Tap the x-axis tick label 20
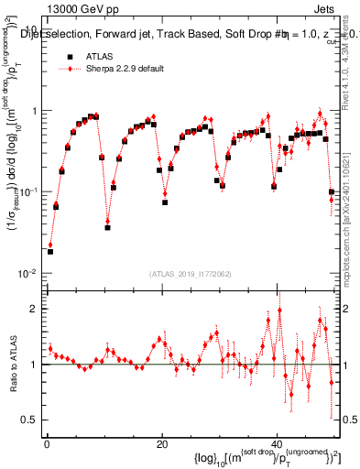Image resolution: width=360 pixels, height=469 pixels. pos(161,444)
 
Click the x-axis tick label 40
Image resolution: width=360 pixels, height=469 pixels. pos(277,444)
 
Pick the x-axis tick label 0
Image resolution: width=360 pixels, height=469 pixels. pos(46,444)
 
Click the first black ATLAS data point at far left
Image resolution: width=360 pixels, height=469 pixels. pos(49,251)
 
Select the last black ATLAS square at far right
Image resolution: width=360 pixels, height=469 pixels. pos(332,191)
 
